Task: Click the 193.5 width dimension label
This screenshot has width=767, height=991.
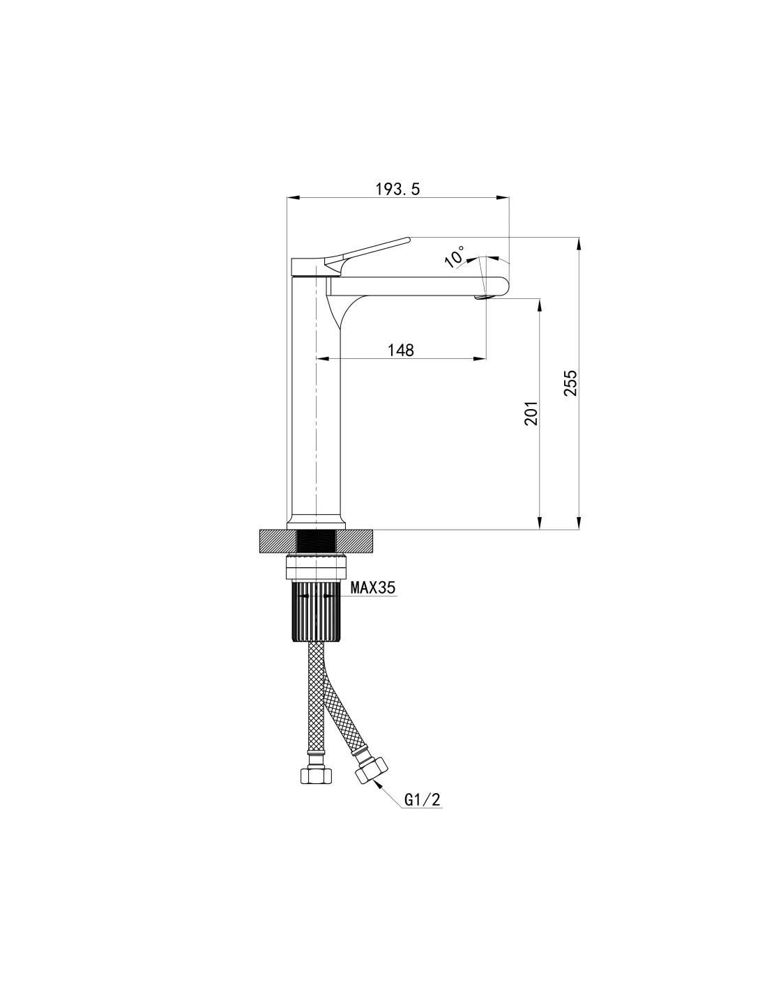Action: [397, 189]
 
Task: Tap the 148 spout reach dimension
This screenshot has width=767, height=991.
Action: [400, 351]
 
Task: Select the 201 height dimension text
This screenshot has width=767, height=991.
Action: [530, 414]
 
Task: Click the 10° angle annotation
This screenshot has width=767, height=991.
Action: [455, 256]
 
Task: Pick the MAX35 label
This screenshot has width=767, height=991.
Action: [372, 588]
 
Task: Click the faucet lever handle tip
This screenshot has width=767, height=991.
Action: [407, 239]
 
